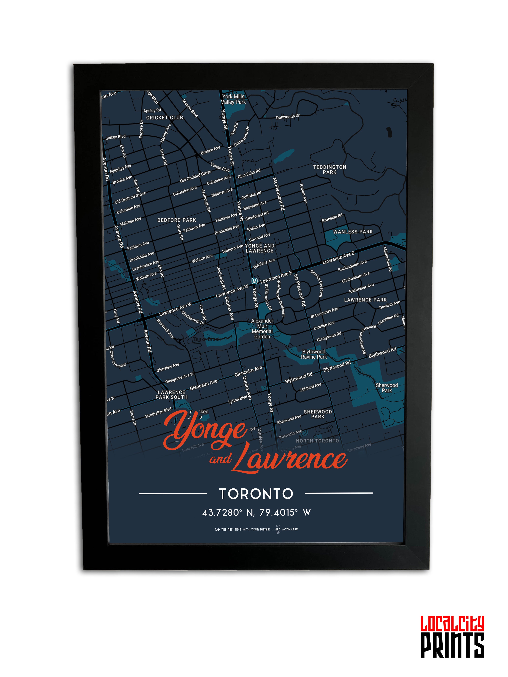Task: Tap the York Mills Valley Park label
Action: (x=233, y=99)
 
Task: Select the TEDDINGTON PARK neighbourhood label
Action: (x=329, y=170)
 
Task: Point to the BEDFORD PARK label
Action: (x=177, y=220)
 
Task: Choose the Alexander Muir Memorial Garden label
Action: (x=262, y=329)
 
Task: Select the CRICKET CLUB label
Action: (x=164, y=118)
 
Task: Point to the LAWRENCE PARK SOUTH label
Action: (x=172, y=395)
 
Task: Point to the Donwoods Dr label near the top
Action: (x=288, y=117)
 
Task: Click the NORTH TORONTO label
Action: (x=317, y=441)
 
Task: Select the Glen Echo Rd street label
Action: (x=249, y=173)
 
